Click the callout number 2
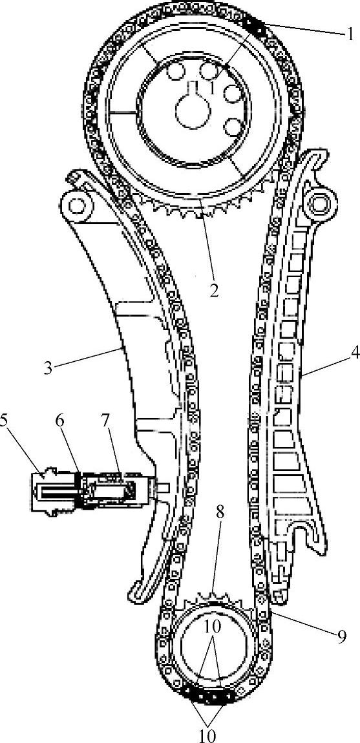(x=214, y=289)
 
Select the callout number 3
(x=48, y=368)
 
